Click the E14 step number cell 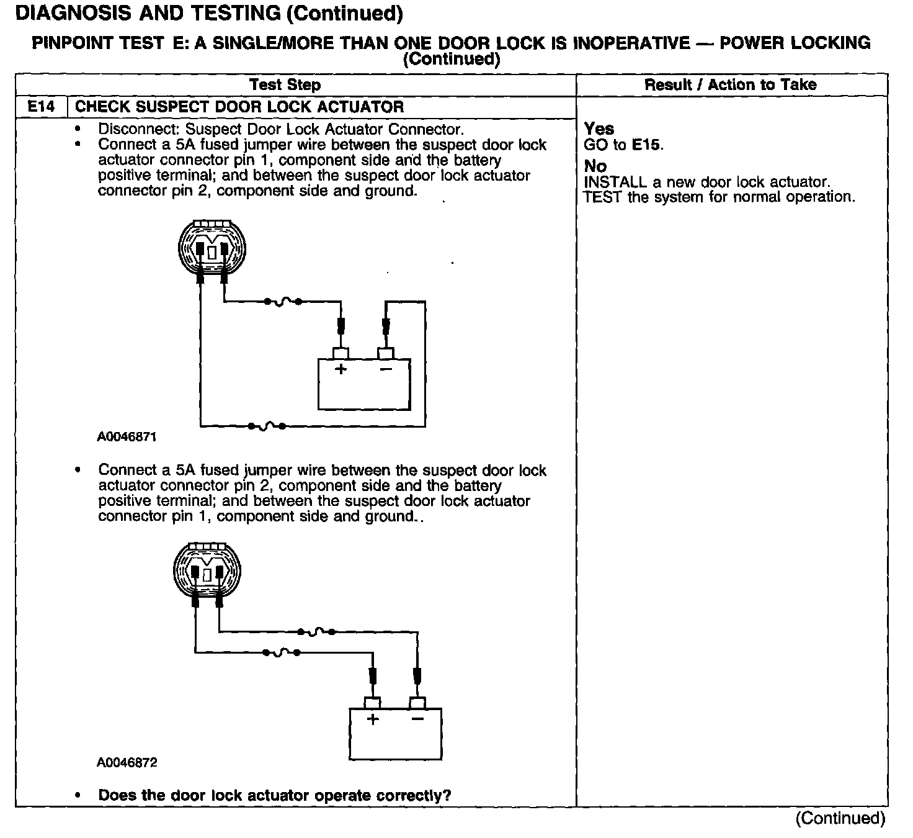(x=41, y=107)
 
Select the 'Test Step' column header (x=285, y=85)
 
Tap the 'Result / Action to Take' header (x=730, y=85)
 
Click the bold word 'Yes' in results (x=599, y=129)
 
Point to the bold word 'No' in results (x=595, y=166)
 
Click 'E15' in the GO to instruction (x=646, y=145)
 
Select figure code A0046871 (x=127, y=437)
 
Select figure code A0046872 (x=127, y=762)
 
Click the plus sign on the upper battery (x=341, y=369)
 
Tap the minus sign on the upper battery (x=386, y=369)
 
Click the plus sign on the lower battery (x=372, y=719)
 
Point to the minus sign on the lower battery (x=417, y=719)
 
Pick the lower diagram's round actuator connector (x=207, y=570)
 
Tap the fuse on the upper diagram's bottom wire (x=266, y=426)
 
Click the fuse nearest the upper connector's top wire (x=283, y=302)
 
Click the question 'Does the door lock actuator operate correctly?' (x=274, y=795)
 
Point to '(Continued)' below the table (x=840, y=818)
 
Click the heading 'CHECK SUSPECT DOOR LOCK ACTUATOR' (x=239, y=107)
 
